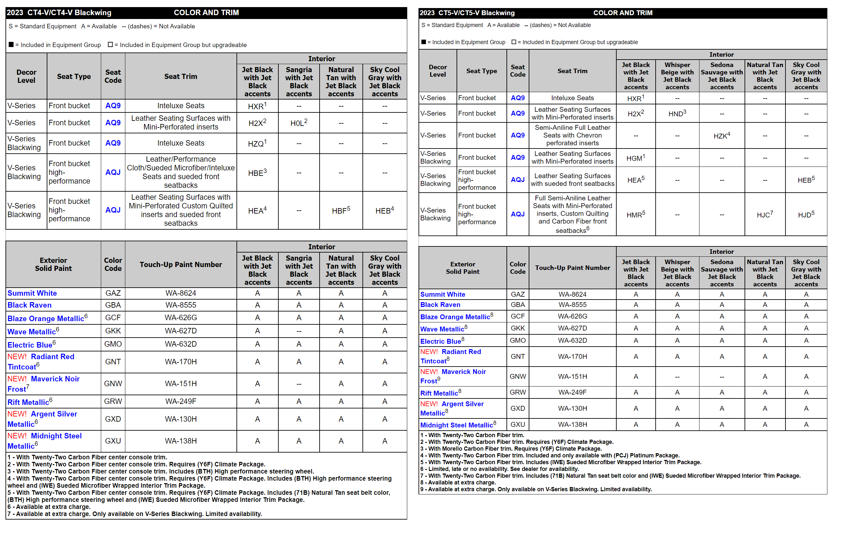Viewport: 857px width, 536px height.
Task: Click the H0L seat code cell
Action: (x=299, y=123)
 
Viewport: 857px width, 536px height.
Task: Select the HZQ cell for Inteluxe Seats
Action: (x=257, y=143)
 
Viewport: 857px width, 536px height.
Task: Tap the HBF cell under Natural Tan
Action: (x=341, y=211)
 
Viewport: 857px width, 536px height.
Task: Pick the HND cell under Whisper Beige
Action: (x=677, y=113)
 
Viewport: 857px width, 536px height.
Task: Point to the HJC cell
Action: (x=765, y=215)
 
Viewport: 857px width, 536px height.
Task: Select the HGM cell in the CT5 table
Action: (x=635, y=158)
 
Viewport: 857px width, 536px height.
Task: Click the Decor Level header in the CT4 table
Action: (x=26, y=76)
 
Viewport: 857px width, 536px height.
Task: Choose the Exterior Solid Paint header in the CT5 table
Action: (x=462, y=268)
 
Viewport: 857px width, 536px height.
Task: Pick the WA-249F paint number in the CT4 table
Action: (x=180, y=401)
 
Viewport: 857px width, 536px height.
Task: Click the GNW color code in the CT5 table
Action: (x=518, y=377)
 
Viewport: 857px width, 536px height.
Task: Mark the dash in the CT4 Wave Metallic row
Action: (x=299, y=331)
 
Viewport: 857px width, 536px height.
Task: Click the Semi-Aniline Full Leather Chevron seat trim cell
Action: (x=572, y=135)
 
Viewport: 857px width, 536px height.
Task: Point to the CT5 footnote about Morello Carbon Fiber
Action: (x=511, y=448)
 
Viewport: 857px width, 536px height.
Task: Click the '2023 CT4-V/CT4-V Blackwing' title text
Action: (x=59, y=13)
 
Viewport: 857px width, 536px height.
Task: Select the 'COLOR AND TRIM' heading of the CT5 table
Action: (x=623, y=13)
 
